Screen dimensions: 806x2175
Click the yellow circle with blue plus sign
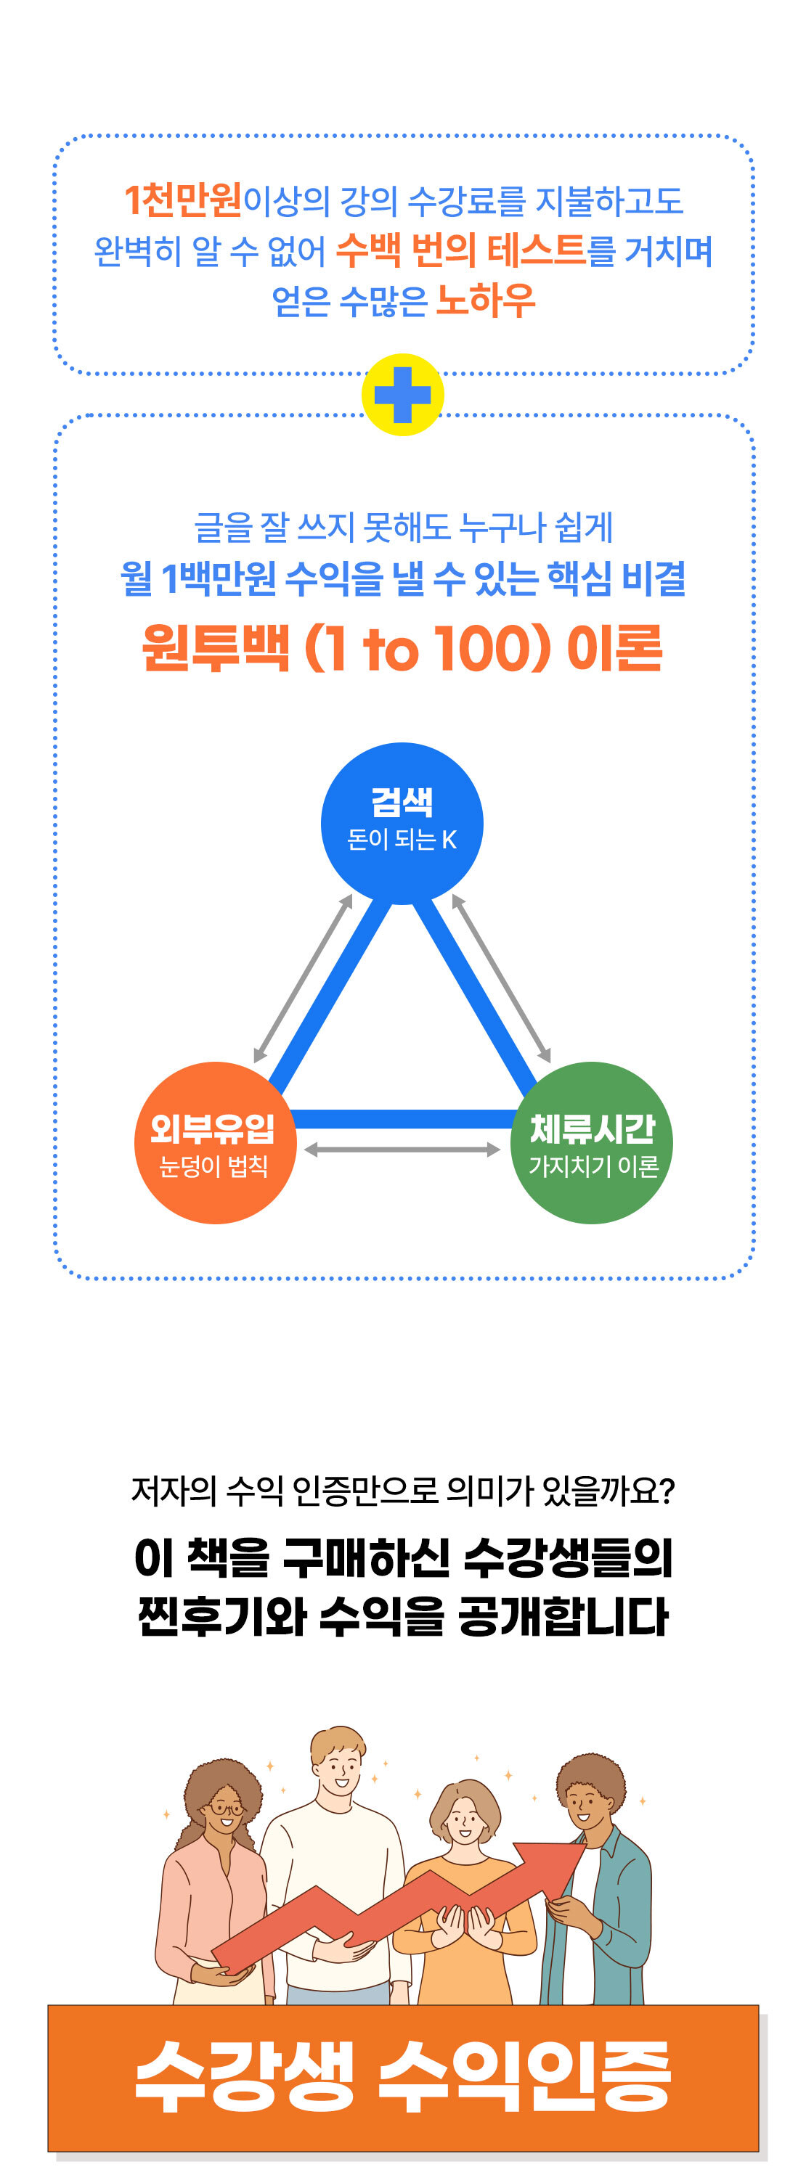click(402, 394)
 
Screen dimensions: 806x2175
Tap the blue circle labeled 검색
click(402, 822)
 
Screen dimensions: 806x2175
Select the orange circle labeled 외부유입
click(215, 1142)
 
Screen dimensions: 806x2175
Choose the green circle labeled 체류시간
click(591, 1142)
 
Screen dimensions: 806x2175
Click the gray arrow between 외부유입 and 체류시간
click(402, 1149)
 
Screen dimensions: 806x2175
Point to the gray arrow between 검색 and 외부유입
click(303, 978)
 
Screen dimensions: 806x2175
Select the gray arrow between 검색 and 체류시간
click(502, 978)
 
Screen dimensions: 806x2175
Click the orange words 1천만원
click(183, 200)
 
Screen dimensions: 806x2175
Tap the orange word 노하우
click(486, 300)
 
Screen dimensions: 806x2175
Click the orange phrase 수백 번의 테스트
click(460, 250)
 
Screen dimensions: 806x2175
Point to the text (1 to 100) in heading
click(428, 650)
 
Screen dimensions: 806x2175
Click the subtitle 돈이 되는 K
click(402, 839)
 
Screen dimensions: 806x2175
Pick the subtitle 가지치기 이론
click(593, 1166)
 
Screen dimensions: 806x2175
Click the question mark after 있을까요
click(668, 1491)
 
